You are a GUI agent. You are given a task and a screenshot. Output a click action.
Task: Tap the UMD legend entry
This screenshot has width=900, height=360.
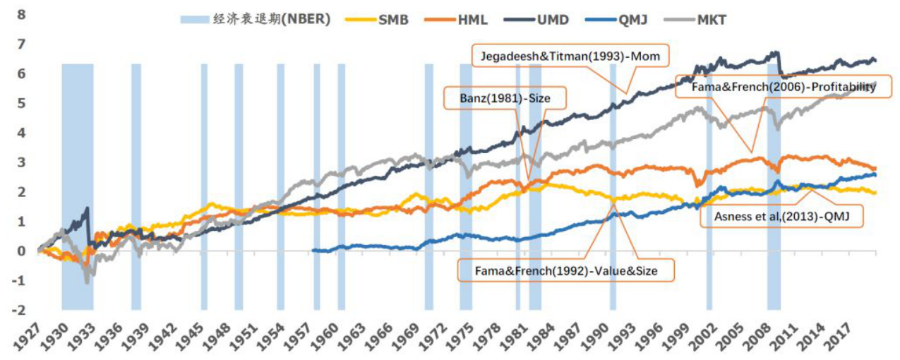(542, 20)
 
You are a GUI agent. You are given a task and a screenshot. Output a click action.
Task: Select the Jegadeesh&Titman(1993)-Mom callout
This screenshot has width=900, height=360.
(570, 55)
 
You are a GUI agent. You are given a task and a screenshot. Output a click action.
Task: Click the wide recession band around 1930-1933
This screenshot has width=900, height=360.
(77, 187)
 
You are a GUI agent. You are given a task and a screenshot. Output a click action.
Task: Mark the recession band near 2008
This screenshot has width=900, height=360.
(774, 187)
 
